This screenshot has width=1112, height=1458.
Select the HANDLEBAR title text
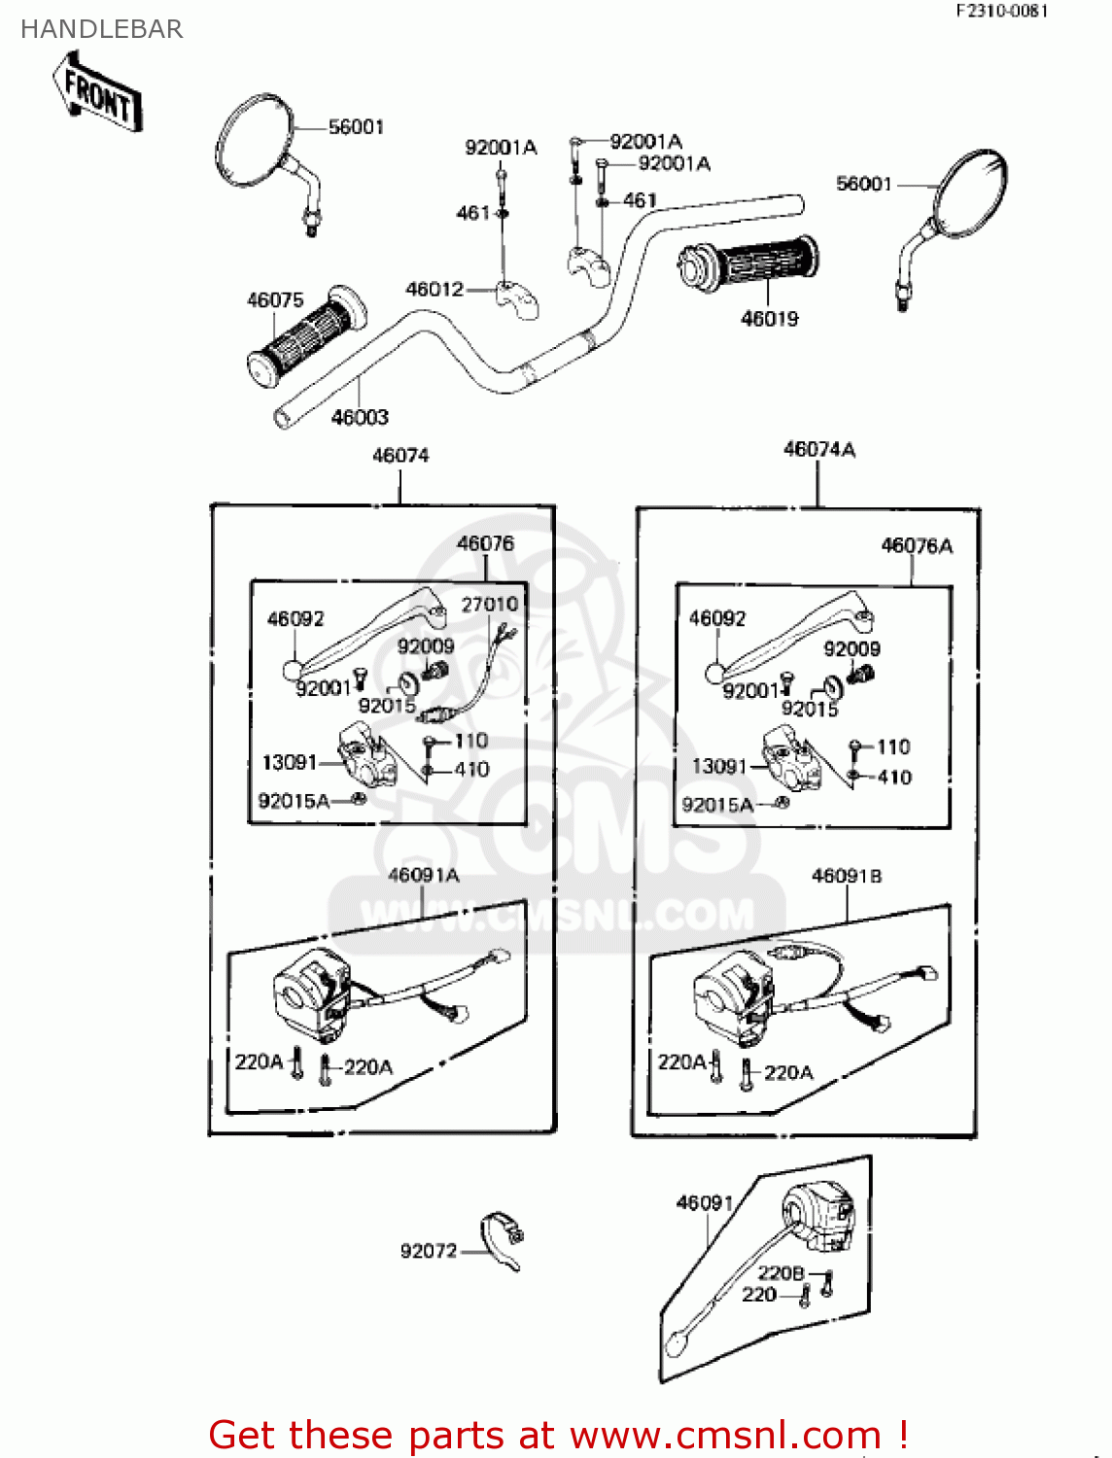101,29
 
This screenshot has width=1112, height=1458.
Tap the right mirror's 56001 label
863,184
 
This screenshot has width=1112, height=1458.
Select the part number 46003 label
360,417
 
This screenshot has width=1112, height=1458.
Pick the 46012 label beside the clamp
434,289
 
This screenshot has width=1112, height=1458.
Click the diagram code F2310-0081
1001,11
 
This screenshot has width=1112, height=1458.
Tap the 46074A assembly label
818,449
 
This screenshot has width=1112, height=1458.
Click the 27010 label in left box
489,604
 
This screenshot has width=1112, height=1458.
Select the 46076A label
916,545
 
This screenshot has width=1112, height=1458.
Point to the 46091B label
847,876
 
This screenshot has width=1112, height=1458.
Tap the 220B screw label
781,1272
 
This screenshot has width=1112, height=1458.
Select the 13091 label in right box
718,766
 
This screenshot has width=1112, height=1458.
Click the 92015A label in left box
294,801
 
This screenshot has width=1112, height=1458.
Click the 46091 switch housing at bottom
819,1216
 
